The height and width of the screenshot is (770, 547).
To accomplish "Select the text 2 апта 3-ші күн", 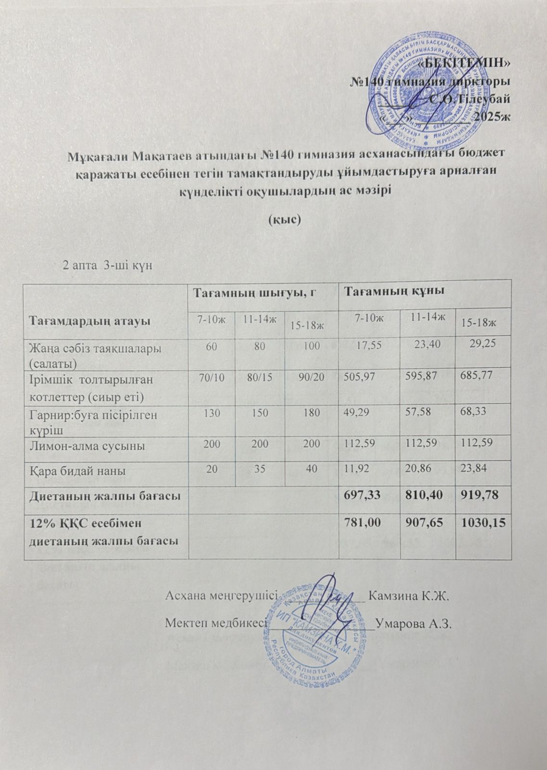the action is click(x=108, y=265).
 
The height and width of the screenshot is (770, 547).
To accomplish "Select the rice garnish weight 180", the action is click(x=311, y=414).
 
